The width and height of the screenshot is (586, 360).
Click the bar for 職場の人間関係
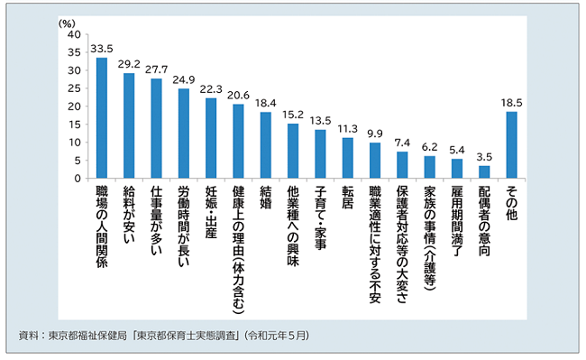[102, 118]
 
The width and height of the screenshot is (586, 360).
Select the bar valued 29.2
[130, 125]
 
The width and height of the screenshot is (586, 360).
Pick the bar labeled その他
[511, 144]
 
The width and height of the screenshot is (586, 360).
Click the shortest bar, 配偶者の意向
[484, 171]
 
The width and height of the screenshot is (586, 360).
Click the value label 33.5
[102, 49]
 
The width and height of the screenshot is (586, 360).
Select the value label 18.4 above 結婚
[265, 103]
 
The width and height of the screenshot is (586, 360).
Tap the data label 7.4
[402, 143]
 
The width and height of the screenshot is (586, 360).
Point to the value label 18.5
[511, 103]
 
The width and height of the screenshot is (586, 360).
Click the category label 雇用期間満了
[457, 222]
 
